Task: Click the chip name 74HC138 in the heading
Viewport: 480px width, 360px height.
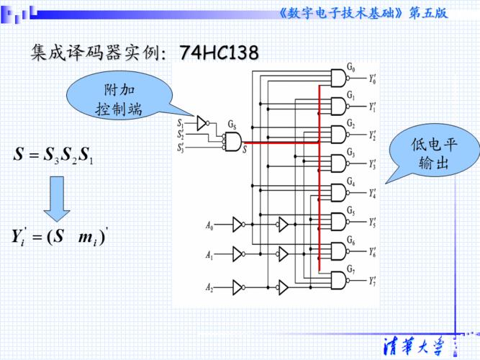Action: [x=219, y=53]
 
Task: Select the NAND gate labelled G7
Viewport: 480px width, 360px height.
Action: [x=338, y=279]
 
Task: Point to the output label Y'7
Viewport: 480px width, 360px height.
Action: [x=372, y=280]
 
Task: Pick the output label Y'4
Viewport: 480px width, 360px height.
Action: [x=372, y=194]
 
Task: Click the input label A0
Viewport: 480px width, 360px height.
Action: [x=209, y=227]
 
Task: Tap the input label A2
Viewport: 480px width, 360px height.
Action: [x=209, y=288]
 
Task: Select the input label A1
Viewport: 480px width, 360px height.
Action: [x=209, y=256]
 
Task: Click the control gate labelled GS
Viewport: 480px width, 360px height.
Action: [x=232, y=143]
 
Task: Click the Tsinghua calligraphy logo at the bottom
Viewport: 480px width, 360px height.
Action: [x=415, y=343]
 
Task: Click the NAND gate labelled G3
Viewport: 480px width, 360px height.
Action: [x=338, y=164]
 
